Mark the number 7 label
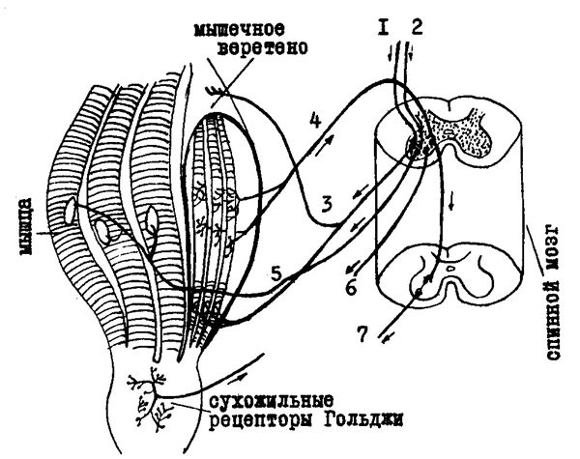click(362, 333)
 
